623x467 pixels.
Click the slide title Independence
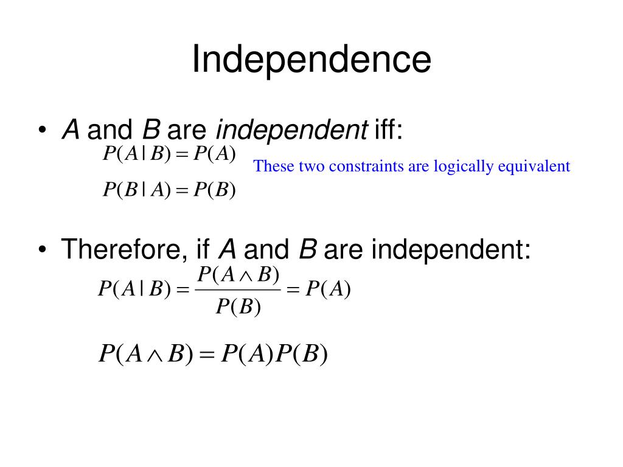pos(311,60)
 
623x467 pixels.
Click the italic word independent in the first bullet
pos(291,130)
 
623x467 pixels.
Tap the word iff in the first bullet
pos(388,130)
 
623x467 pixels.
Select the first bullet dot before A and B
pos(43,130)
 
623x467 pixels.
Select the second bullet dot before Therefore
pos(43,249)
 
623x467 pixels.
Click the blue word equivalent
pos(534,167)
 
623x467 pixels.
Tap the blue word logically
pos(463,167)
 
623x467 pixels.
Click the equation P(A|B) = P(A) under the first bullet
pos(169,154)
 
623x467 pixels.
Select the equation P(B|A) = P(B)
pos(169,190)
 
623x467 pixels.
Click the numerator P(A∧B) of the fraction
pos(238,274)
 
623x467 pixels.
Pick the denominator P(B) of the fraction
pos(238,306)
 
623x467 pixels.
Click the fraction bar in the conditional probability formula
pos(238,289)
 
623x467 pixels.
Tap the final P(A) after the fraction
pos(328,289)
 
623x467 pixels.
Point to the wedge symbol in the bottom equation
pos(155,355)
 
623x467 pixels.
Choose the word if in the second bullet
pos(203,249)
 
